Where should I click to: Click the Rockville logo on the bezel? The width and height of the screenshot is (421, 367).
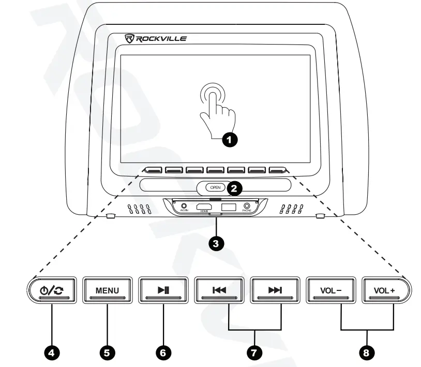click(x=156, y=38)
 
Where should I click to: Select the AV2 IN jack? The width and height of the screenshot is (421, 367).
click(x=183, y=206)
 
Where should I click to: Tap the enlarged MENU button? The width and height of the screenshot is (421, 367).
click(x=107, y=290)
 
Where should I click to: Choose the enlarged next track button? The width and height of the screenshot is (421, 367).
click(x=274, y=290)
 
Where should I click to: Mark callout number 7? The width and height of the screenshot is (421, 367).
click(x=254, y=352)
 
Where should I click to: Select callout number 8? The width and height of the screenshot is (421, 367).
click(x=367, y=352)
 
